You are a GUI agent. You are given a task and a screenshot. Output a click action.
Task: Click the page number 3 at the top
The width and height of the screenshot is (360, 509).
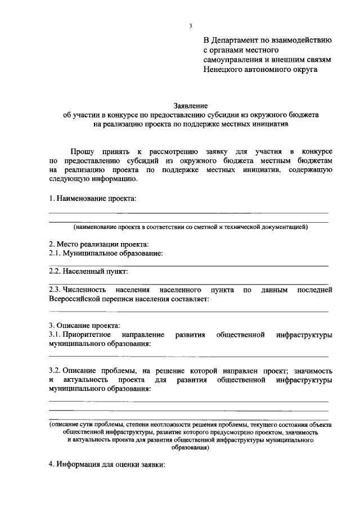191,26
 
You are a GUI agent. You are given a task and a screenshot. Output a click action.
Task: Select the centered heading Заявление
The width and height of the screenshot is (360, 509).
191,105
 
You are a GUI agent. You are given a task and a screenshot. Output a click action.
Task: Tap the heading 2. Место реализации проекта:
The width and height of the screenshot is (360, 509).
98,244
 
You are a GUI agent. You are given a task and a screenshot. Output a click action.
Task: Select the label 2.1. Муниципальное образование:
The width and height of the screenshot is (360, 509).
106,253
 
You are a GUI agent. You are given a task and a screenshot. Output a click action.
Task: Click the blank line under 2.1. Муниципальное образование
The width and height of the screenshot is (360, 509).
188,264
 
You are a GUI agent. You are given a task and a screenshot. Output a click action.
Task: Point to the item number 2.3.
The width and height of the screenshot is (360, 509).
57,290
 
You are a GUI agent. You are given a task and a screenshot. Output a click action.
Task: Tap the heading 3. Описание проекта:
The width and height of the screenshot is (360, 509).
84,326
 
